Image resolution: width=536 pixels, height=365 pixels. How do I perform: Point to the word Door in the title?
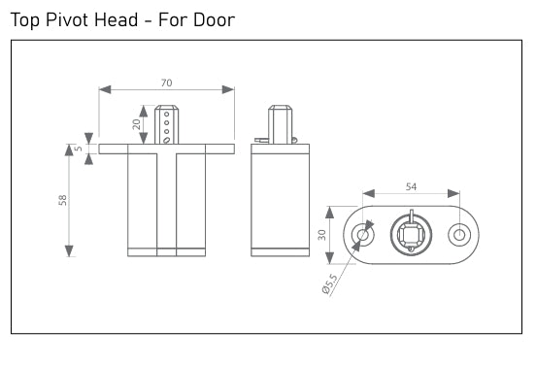(x=214, y=19)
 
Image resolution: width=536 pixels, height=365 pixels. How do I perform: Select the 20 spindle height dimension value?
(x=137, y=124)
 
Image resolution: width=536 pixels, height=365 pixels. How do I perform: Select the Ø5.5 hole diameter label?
(x=330, y=287)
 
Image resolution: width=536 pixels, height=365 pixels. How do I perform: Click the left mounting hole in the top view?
(x=363, y=235)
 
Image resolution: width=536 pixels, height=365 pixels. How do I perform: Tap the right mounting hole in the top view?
(x=458, y=235)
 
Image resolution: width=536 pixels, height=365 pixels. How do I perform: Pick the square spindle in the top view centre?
(x=411, y=235)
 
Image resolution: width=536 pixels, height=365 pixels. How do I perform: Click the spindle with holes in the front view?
(x=167, y=124)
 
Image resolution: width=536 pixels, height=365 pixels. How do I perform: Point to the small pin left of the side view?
(x=259, y=141)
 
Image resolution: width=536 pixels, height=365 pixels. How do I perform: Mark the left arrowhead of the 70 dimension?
(x=104, y=89)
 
